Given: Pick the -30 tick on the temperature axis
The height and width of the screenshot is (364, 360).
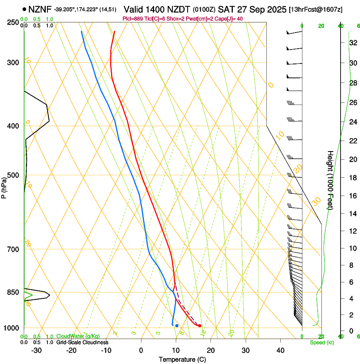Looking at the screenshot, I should tap(36, 350).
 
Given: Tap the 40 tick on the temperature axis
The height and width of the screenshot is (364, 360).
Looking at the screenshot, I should tap(280, 350).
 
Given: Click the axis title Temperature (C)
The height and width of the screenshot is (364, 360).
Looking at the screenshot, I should tap(182, 359).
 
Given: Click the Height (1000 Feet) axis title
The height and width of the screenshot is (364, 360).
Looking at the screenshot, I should tap(330, 180).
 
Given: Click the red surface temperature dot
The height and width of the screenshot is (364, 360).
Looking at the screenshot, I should tap(199, 325).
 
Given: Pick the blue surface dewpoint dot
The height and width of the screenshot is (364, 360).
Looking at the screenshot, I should tap(177, 325).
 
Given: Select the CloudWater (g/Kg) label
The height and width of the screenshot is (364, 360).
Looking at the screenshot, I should tap(78, 336).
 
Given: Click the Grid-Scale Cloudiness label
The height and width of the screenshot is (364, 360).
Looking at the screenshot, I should tap(82, 342).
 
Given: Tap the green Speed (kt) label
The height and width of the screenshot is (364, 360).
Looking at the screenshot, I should tap(321, 342).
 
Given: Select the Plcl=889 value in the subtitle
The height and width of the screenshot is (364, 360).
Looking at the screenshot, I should tap(133, 19).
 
